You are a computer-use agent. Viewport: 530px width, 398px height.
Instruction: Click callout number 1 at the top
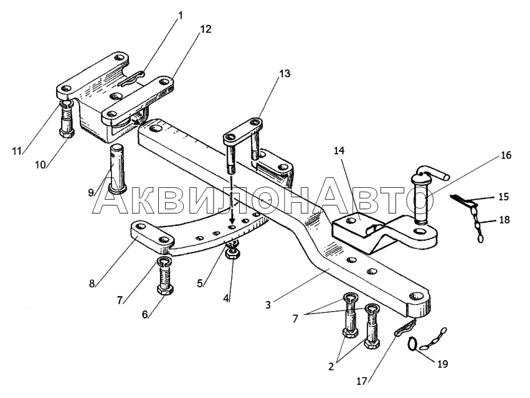[x=180, y=16]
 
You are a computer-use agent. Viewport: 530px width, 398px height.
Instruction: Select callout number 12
[x=206, y=29]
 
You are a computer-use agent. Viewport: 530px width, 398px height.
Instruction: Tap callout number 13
[x=285, y=73]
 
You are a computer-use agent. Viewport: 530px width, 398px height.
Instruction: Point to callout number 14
[x=339, y=150]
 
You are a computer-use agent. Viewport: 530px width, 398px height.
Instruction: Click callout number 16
[x=506, y=155]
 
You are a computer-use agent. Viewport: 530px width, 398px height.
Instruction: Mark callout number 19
[x=442, y=364]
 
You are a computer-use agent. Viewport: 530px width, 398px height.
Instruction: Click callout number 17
[x=362, y=382]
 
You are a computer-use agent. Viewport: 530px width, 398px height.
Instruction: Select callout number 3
[x=268, y=305]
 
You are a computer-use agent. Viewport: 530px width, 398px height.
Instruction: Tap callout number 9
[x=90, y=193]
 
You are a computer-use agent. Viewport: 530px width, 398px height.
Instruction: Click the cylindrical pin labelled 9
[x=116, y=169]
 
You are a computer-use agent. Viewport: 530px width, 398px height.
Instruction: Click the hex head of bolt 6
[x=165, y=290]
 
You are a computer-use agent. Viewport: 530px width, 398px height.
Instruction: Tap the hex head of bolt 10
[x=67, y=133]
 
